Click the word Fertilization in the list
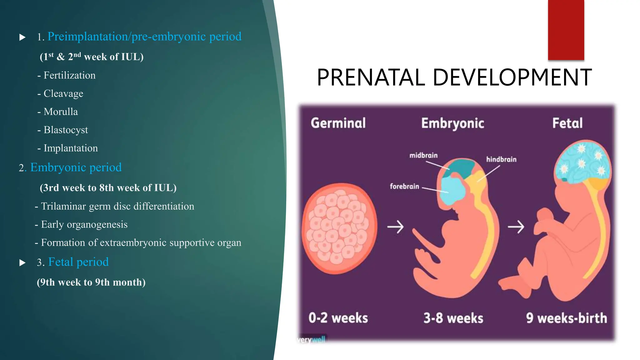tap(69, 75)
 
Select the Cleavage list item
tap(63, 93)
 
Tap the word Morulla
tap(61, 112)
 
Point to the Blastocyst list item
tap(66, 130)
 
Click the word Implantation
tap(71, 148)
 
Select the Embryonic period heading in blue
tap(76, 167)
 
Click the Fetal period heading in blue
tap(78, 262)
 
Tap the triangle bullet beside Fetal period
tap(22, 262)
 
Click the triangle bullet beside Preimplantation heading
tap(22, 37)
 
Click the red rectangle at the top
tap(566, 30)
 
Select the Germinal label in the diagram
tap(338, 123)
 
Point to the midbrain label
tap(423, 155)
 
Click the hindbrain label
tap(501, 159)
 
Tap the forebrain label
tap(404, 186)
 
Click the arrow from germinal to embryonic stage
tap(395, 227)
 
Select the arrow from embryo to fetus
tap(516, 227)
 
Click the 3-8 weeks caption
tap(453, 318)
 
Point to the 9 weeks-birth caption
tap(566, 318)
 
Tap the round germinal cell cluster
tap(339, 228)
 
